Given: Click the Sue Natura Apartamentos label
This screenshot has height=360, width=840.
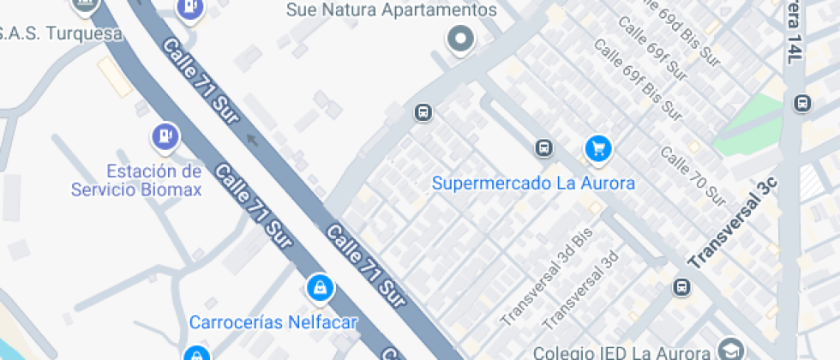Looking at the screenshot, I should [x=393, y=10].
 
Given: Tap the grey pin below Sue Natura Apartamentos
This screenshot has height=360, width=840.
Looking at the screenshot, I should [x=461, y=39].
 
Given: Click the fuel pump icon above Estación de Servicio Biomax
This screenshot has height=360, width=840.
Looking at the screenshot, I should [x=164, y=135].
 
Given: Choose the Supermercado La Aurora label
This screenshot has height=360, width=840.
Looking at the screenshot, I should [x=533, y=183].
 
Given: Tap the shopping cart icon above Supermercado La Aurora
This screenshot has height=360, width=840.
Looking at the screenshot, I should [x=597, y=148].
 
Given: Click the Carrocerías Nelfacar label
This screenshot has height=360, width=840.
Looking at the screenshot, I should [x=273, y=322].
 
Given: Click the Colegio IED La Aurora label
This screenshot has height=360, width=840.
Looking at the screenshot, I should [x=621, y=352].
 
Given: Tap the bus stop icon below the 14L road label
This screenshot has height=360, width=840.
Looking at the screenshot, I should [x=802, y=103].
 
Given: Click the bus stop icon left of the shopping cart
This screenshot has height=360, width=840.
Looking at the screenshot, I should [x=543, y=148].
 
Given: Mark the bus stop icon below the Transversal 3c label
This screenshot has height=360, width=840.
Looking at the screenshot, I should [x=681, y=287].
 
